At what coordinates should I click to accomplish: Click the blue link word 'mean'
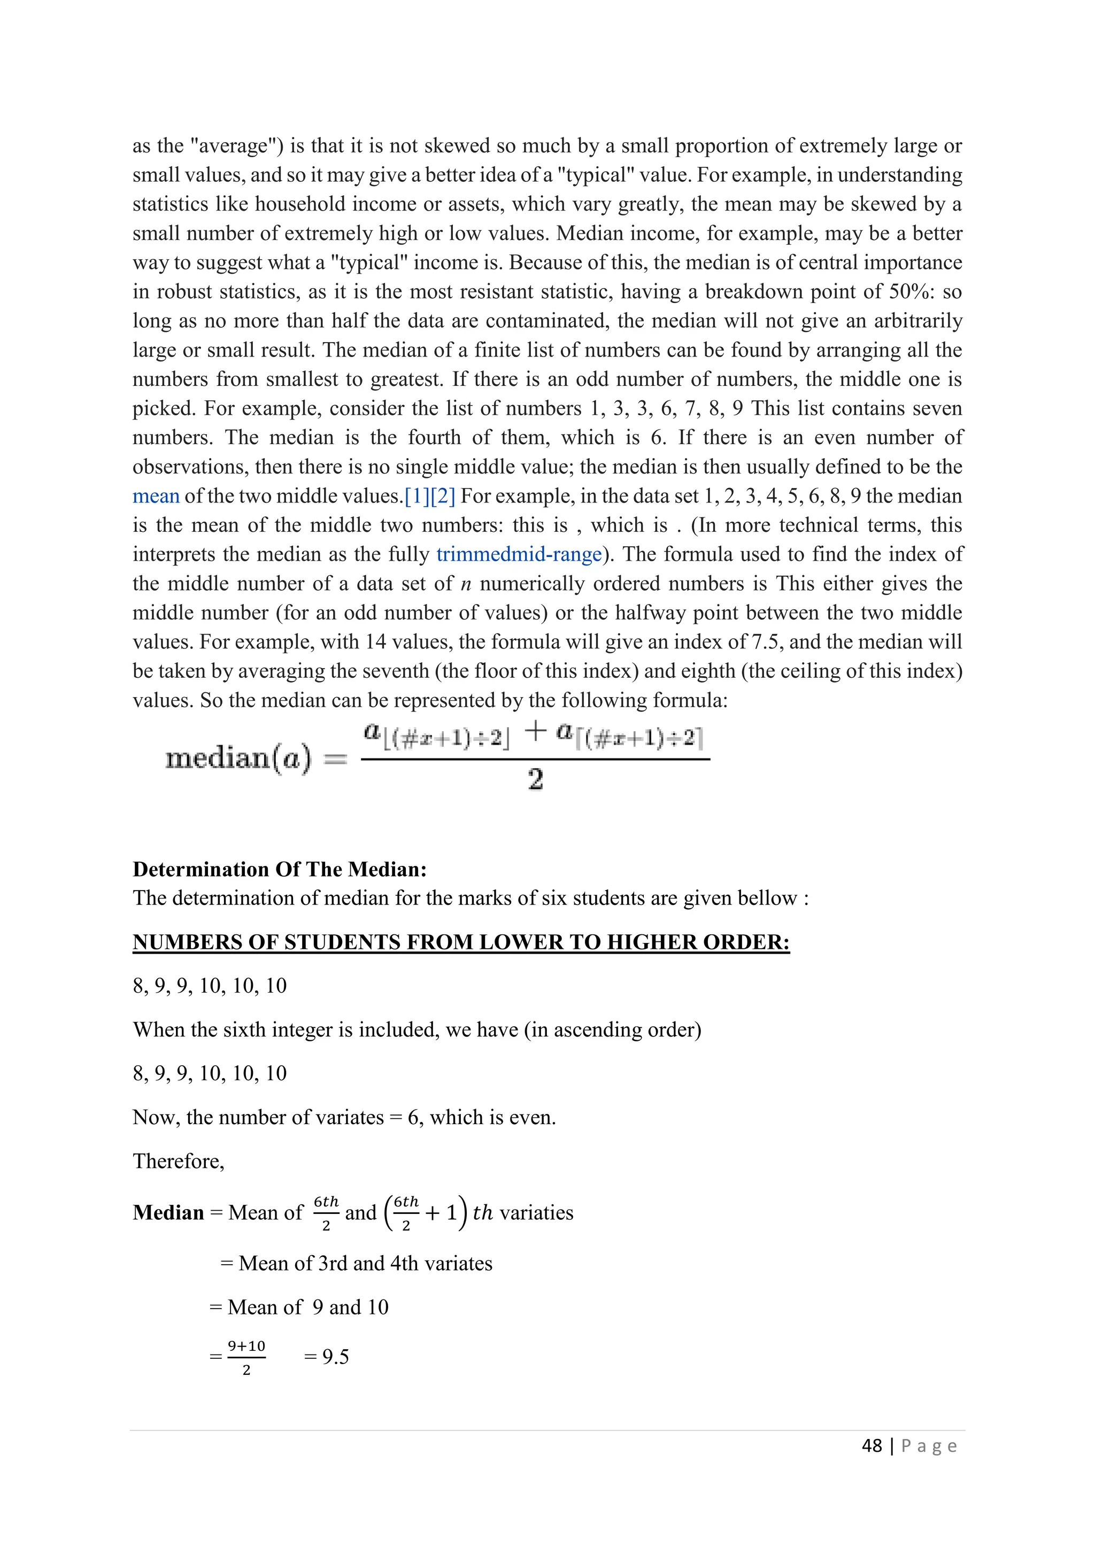coord(156,496)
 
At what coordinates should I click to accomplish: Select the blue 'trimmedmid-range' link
coord(519,554)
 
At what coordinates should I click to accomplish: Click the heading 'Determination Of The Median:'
coord(280,869)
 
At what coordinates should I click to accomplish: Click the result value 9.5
coord(335,1357)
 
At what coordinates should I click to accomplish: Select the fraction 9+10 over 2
coord(247,1357)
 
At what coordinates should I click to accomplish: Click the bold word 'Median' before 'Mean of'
coord(168,1213)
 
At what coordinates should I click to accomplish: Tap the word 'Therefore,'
coord(178,1161)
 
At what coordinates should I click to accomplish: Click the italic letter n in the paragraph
coord(465,584)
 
